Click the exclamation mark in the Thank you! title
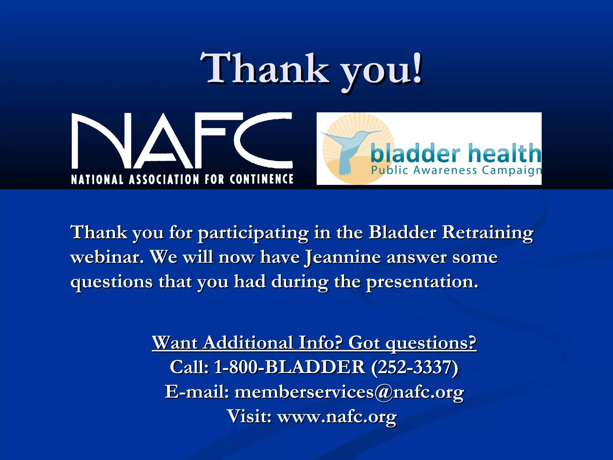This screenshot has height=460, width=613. click(x=417, y=68)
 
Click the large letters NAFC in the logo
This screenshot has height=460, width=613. click(x=182, y=141)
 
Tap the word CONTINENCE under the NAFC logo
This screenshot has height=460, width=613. click(x=261, y=179)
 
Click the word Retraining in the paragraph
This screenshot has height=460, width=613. click(x=487, y=232)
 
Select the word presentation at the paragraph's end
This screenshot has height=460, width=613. click(x=422, y=282)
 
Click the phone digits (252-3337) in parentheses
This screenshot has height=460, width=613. click(x=415, y=367)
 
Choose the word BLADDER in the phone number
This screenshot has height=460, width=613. click(x=315, y=367)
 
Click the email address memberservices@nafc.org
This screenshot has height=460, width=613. click(x=349, y=392)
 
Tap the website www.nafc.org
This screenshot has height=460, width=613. click(x=337, y=416)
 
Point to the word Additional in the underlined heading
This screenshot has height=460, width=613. click(x=248, y=343)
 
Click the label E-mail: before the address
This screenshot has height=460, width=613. click(x=197, y=392)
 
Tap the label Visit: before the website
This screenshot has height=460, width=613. click(x=249, y=416)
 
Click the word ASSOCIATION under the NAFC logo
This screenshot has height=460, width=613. click(x=164, y=179)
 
